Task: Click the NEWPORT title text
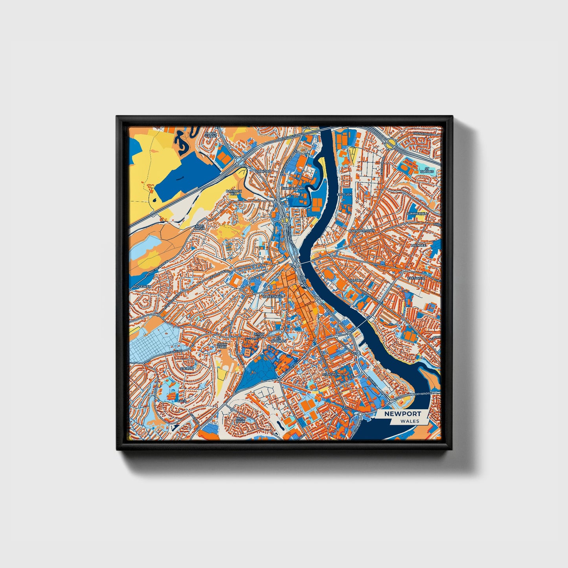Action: click(403, 414)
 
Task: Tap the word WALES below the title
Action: click(410, 421)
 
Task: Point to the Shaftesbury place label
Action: click(293, 189)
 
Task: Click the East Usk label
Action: click(345, 195)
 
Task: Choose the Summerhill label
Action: click(417, 213)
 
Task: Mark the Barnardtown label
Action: click(362, 231)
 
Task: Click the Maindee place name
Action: click(418, 245)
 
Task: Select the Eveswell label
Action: click(416, 278)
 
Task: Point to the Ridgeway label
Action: click(142, 287)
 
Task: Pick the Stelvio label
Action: click(187, 368)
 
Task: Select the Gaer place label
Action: click(182, 401)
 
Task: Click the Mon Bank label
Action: click(240, 420)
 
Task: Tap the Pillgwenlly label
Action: click(334, 375)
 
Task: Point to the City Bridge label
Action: click(424, 394)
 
